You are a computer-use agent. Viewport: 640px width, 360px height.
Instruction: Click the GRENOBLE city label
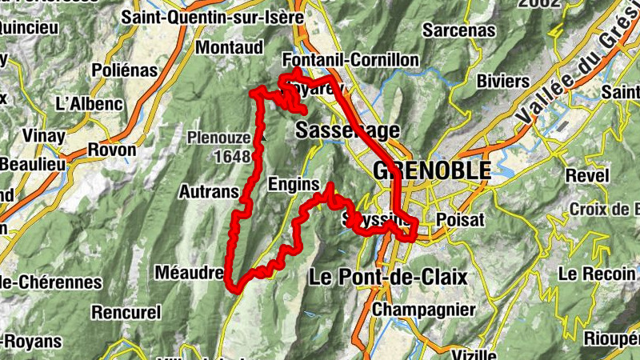(431, 170)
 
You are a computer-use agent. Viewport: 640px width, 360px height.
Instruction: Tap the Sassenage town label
(347, 130)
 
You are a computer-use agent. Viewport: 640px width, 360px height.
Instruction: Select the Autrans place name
(210, 192)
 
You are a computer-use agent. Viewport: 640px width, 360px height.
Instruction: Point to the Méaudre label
(190, 272)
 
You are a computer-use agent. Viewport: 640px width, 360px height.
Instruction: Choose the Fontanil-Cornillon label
(351, 61)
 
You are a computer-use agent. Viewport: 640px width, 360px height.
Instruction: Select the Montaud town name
(229, 47)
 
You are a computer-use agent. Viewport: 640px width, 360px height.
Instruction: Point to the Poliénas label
(125, 70)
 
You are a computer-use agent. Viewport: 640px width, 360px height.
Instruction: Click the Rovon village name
(111, 150)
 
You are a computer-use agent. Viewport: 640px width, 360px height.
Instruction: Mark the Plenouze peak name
(218, 138)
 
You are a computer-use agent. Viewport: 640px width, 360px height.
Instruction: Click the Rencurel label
(126, 310)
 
